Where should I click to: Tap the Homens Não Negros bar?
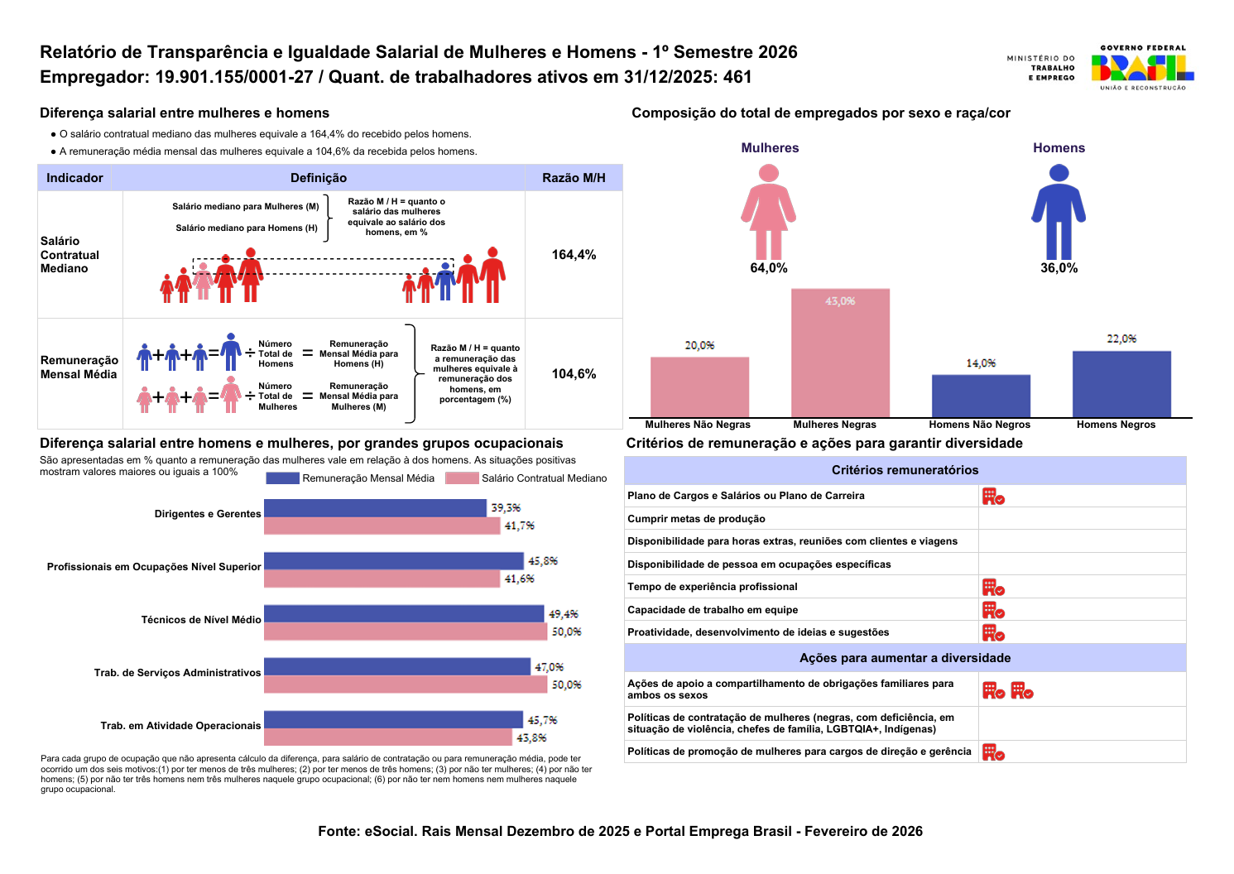coord(981,396)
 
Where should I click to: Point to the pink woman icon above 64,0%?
coord(769,212)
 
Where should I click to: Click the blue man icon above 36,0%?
coord(1059,212)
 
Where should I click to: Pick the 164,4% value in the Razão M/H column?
coord(574,255)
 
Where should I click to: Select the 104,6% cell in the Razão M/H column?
coord(574,373)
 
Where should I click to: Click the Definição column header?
coord(319,177)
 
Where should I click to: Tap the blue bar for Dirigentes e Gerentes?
coord(375,508)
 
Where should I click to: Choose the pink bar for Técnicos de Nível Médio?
coord(406,631)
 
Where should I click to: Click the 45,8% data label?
coord(543,561)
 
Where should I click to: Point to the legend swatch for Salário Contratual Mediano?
coord(462,478)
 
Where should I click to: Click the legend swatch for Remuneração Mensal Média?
coord(282,478)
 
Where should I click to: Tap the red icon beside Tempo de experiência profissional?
coord(993,587)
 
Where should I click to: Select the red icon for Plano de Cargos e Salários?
coord(993,497)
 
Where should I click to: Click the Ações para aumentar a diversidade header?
coord(905,657)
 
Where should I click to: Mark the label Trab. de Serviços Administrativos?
coord(177,672)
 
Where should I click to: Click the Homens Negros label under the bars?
coord(1116,425)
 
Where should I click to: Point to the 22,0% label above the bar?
coord(1121,339)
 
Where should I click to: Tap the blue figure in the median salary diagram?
coord(445,281)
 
